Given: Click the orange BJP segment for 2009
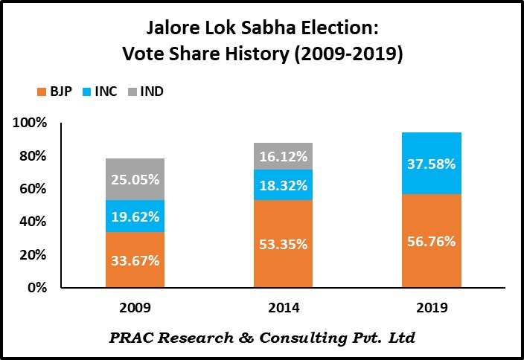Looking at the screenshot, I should pyautogui.click(x=135, y=260).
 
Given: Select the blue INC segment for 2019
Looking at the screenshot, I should pyautogui.click(x=432, y=163).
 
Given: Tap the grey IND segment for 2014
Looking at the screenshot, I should pyautogui.click(x=284, y=156).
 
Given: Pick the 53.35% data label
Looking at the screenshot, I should pyautogui.click(x=284, y=243).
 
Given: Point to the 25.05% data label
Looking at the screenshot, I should pyautogui.click(x=135, y=179).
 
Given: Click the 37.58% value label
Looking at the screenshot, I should pyautogui.click(x=432, y=163).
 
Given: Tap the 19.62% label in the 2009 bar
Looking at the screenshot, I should pyautogui.click(x=135, y=216).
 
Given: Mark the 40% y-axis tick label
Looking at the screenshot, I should pyautogui.click(x=33, y=222).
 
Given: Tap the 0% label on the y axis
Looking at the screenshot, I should pyautogui.click(x=37, y=288).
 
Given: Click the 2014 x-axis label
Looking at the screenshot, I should pyautogui.click(x=284, y=306).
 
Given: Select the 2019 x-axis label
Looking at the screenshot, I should pyautogui.click(x=432, y=306).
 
